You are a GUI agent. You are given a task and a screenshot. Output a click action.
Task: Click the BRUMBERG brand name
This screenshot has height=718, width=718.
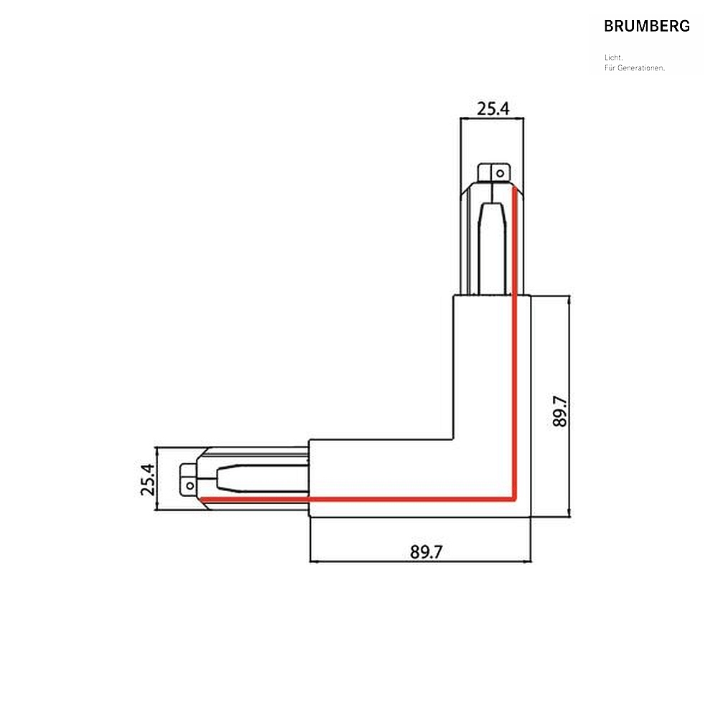[647, 26]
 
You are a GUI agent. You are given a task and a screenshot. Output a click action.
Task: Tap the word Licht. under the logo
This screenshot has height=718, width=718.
[614, 57]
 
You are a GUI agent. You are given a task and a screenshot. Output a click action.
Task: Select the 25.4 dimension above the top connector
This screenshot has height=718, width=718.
[493, 109]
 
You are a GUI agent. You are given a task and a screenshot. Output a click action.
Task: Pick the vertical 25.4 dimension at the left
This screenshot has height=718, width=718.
[147, 480]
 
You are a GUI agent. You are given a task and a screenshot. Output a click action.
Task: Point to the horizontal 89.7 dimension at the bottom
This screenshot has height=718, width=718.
[426, 552]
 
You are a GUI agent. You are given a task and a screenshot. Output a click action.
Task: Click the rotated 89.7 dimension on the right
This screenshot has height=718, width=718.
[560, 411]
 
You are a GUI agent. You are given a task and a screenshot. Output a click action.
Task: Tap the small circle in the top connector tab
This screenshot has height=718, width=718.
[500, 174]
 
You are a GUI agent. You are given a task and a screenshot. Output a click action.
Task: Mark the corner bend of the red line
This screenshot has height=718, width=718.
[514, 499]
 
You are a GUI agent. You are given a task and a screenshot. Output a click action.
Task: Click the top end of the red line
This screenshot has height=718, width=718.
[514, 187]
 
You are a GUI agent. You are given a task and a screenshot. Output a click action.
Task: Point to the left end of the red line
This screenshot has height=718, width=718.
[202, 499]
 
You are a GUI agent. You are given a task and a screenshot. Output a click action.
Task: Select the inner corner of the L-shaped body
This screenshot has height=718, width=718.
[453, 440]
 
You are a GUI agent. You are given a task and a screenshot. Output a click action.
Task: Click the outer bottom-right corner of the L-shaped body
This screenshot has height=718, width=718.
[531, 517]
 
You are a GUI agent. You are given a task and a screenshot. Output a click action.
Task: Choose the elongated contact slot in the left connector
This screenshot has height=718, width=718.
[262, 478]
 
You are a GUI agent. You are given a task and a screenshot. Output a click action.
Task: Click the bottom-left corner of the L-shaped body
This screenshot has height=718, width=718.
[309, 517]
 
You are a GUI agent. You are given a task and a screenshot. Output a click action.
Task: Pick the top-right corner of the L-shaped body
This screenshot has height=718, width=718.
[531, 296]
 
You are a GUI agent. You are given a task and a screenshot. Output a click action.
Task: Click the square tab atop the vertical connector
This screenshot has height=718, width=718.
[494, 173]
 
